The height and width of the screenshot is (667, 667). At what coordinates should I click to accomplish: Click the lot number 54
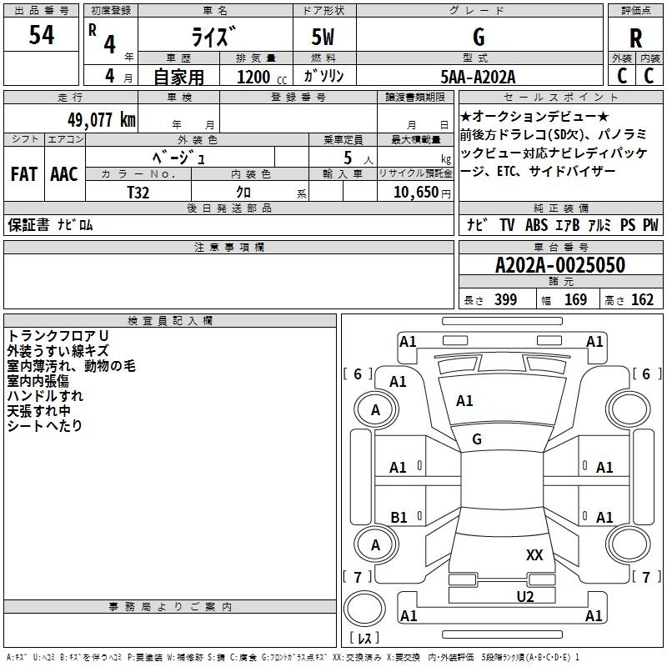(42, 35)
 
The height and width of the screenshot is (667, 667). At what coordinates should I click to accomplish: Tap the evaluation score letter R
(635, 38)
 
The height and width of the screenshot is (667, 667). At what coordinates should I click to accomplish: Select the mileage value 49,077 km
(101, 120)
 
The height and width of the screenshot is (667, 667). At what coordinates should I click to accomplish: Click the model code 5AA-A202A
(478, 77)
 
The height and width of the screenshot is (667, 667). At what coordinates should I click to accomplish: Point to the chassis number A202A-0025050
(560, 265)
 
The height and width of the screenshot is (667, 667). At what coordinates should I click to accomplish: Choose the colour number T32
(138, 193)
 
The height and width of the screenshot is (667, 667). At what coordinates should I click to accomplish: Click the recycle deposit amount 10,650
(415, 192)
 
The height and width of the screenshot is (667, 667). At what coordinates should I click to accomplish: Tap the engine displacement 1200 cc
(262, 77)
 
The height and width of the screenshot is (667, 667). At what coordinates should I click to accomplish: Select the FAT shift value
(24, 174)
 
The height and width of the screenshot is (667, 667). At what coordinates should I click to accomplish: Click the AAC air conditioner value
(64, 174)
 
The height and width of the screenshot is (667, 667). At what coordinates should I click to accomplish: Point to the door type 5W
(323, 37)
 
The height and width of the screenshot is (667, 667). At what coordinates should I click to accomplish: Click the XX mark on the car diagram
(534, 555)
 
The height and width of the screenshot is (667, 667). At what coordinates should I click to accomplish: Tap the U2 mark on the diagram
(525, 596)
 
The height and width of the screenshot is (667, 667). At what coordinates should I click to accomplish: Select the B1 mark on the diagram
(399, 517)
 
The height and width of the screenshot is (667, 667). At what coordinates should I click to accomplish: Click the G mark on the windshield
(477, 439)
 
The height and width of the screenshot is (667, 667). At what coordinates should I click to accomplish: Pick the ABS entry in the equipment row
(536, 225)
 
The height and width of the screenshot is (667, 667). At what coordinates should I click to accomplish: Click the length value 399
(506, 299)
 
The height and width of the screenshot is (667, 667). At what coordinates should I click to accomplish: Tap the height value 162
(642, 299)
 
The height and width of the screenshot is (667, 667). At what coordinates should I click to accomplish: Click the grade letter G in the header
(479, 37)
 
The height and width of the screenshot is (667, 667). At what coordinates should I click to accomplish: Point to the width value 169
(575, 299)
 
